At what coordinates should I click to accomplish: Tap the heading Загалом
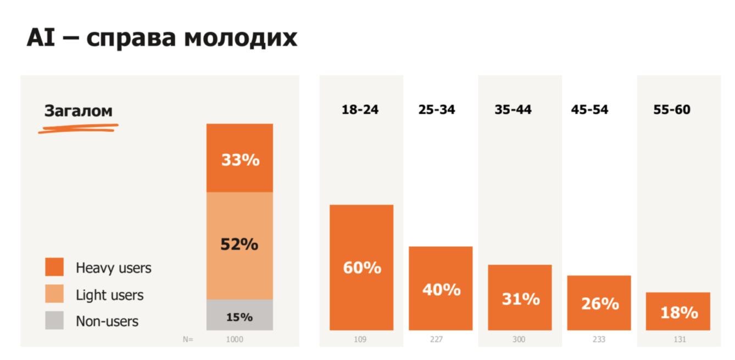(x=78, y=110)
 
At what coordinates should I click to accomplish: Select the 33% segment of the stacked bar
(x=240, y=158)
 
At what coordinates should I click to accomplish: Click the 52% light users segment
(x=240, y=245)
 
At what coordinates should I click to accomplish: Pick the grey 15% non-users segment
(x=240, y=315)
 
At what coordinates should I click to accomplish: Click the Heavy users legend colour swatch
(x=54, y=267)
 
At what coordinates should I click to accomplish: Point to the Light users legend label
(x=109, y=295)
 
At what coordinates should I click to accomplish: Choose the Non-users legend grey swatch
(x=54, y=320)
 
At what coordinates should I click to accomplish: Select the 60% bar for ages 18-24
(x=361, y=268)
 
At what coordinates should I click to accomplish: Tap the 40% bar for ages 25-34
(x=441, y=289)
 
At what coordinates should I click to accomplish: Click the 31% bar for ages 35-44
(x=520, y=298)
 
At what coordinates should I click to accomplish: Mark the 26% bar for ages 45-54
(x=599, y=303)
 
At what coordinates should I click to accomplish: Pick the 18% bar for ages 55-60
(x=678, y=312)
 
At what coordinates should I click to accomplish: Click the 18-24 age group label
(x=360, y=109)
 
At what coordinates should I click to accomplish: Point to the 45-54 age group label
(x=589, y=109)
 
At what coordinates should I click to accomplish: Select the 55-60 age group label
(x=671, y=109)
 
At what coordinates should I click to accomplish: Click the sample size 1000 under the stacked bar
(x=235, y=340)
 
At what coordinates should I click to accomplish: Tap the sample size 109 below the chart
(x=360, y=340)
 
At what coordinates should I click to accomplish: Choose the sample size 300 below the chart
(x=519, y=340)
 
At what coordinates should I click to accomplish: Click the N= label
(x=188, y=340)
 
